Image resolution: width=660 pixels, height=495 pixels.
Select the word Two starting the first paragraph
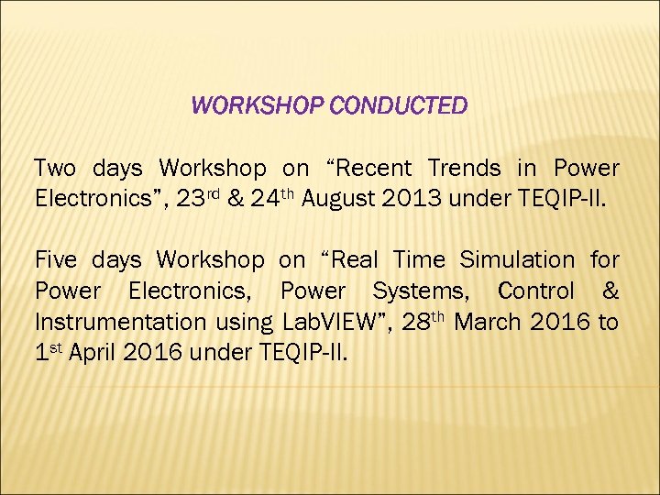55,169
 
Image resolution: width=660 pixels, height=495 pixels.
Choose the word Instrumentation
120,323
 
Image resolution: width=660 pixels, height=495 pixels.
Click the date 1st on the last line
49,352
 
